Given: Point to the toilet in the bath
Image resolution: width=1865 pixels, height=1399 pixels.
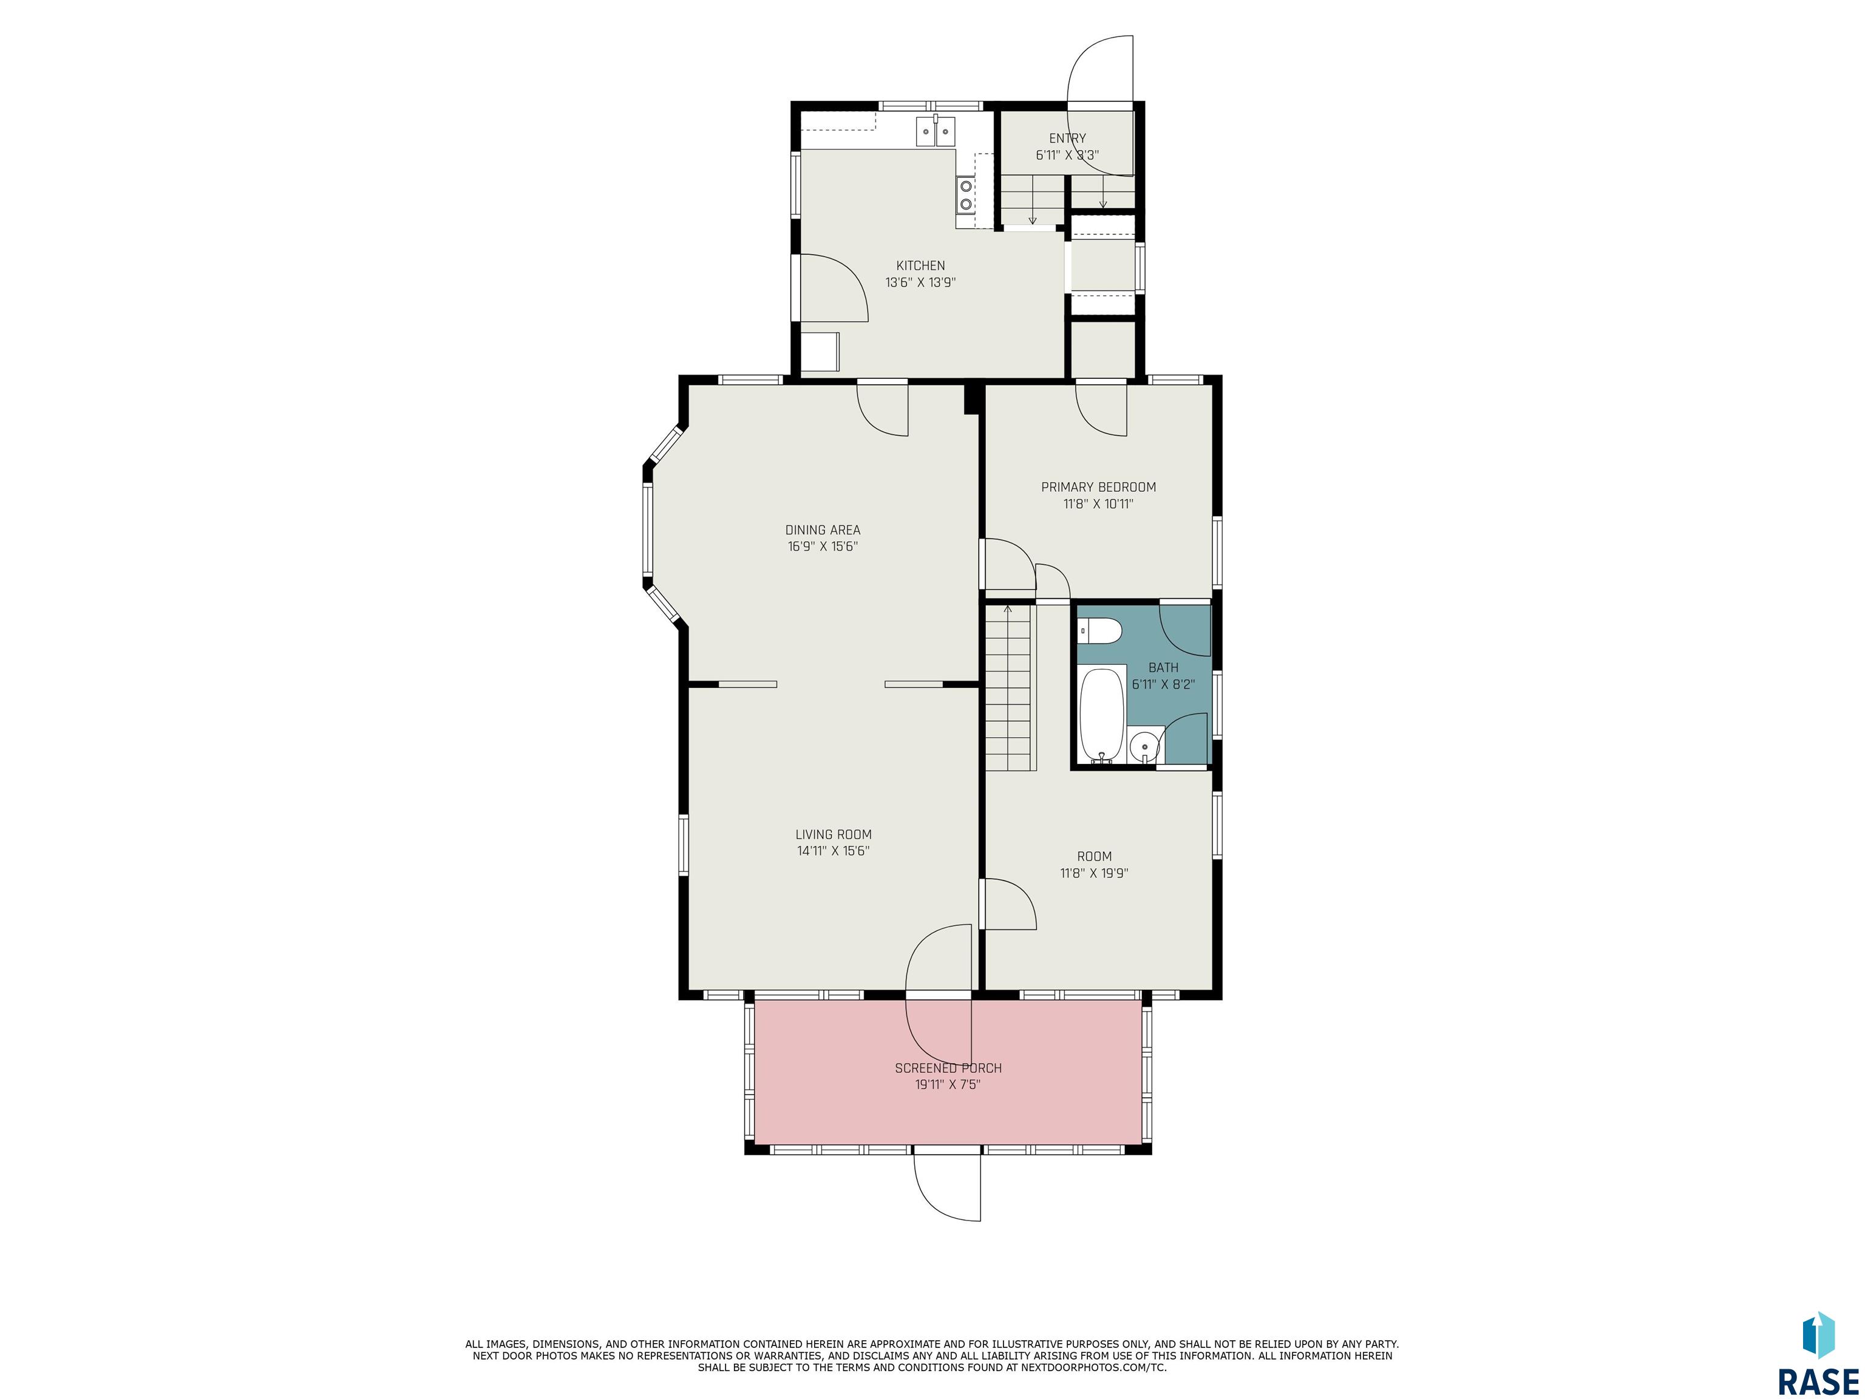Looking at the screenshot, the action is click(x=1100, y=630).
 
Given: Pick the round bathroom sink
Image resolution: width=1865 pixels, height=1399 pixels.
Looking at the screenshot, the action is click(x=1144, y=747).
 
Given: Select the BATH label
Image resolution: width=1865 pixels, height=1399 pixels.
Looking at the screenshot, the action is click(x=1164, y=668).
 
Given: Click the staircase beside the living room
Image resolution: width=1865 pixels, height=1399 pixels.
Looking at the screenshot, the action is click(x=1008, y=687).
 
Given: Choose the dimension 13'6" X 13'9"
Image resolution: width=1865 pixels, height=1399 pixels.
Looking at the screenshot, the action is click(x=920, y=282).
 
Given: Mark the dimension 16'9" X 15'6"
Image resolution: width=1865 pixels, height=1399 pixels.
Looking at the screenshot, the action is click(x=823, y=546).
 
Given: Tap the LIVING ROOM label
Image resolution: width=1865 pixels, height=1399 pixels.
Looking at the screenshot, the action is click(x=834, y=835).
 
